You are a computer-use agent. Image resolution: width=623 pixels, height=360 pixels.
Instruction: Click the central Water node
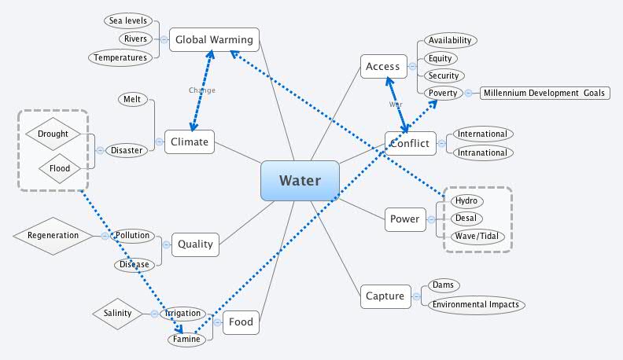click(x=300, y=181)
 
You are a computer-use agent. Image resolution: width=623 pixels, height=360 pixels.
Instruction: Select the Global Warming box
click(x=214, y=39)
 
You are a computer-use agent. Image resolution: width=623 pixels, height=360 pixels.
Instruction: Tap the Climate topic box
click(x=190, y=141)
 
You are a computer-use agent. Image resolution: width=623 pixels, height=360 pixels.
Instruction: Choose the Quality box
click(x=195, y=244)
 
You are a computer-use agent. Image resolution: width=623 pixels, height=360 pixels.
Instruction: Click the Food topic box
click(x=241, y=321)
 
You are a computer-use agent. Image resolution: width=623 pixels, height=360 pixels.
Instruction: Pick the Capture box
click(x=385, y=296)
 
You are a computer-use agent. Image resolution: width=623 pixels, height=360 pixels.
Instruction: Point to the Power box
click(x=404, y=219)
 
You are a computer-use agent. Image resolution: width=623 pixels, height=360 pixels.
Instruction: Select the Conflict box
click(x=410, y=142)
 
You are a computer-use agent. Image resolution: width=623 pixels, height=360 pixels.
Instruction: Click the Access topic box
click(x=383, y=67)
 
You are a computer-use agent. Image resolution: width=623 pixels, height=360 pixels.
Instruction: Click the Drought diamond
click(x=53, y=134)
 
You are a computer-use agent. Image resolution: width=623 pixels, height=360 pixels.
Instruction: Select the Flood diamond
click(x=60, y=167)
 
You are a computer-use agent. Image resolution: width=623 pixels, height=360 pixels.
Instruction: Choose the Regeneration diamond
click(x=53, y=235)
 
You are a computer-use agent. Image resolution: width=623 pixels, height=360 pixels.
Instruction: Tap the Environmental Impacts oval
click(x=476, y=304)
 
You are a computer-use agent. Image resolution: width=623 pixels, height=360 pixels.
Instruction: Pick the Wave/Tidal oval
click(x=477, y=237)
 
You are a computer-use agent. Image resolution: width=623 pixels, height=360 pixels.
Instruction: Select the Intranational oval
click(x=481, y=152)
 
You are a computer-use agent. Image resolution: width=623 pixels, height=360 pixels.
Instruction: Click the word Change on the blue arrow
click(x=201, y=90)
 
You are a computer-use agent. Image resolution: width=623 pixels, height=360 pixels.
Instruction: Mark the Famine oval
click(x=187, y=340)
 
